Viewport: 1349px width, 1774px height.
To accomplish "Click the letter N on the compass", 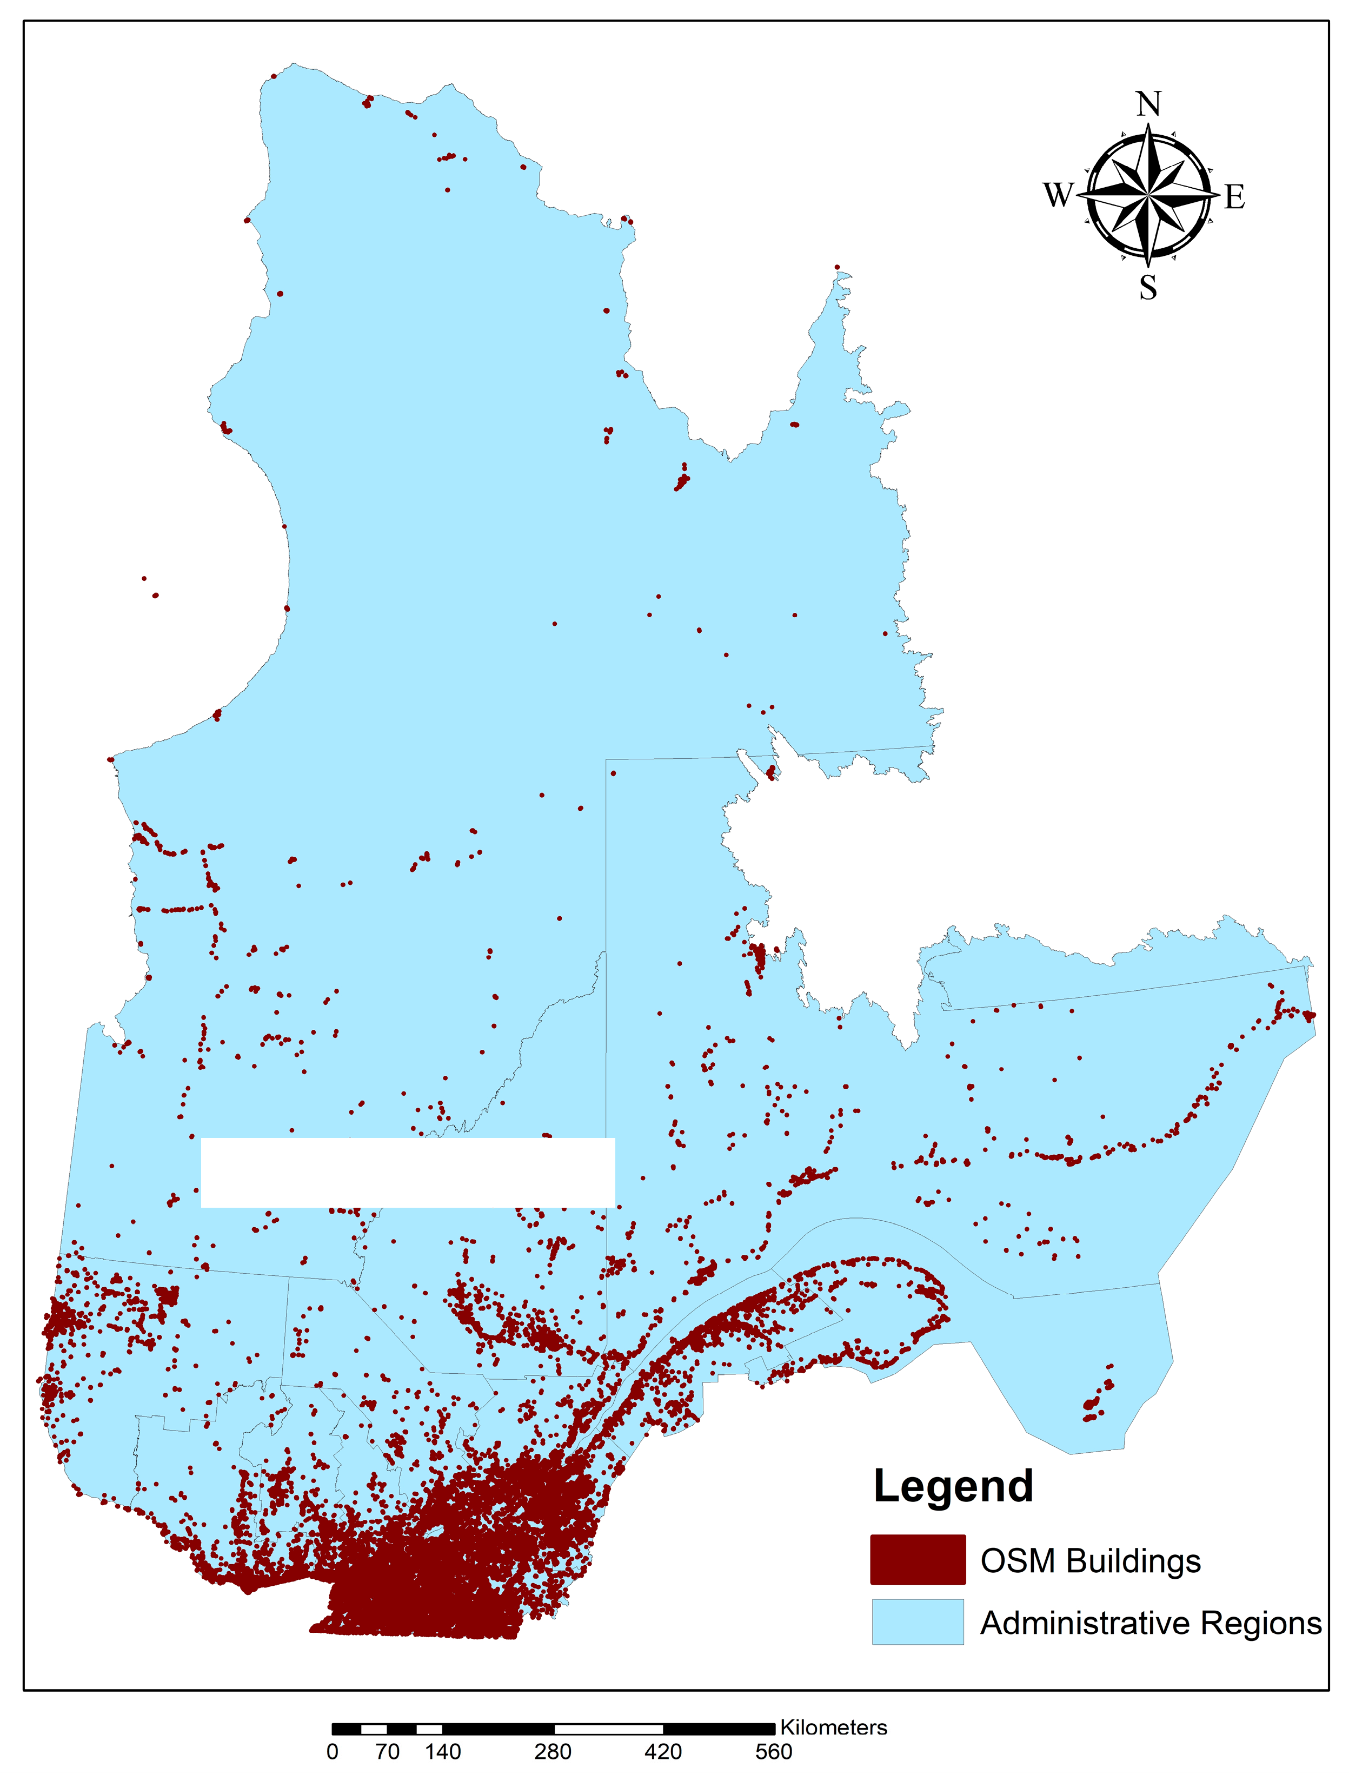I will click(1148, 104).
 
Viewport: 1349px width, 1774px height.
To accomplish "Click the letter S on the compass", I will click(1148, 287).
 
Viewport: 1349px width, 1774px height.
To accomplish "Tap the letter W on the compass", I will click(1058, 195).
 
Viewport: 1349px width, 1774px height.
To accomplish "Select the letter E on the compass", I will click(1235, 197).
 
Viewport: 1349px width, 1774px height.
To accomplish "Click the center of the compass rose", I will click(1148, 195).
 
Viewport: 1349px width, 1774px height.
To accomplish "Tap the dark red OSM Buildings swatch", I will click(918, 1560).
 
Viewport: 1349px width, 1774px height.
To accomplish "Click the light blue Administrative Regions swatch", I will click(918, 1621).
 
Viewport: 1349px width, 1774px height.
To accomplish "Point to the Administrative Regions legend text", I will click(1151, 1623).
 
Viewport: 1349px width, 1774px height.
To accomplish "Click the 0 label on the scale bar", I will click(333, 1751).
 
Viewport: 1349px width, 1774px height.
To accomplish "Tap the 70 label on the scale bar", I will click(387, 1751).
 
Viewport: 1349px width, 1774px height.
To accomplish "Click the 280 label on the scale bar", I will click(553, 1751).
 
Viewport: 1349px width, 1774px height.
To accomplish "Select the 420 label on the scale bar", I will click(663, 1751).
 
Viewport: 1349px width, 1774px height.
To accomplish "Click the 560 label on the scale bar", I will click(773, 1751).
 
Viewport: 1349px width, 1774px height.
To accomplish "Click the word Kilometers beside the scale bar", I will click(834, 1727).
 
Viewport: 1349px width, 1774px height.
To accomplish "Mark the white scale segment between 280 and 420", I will click(609, 1728).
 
